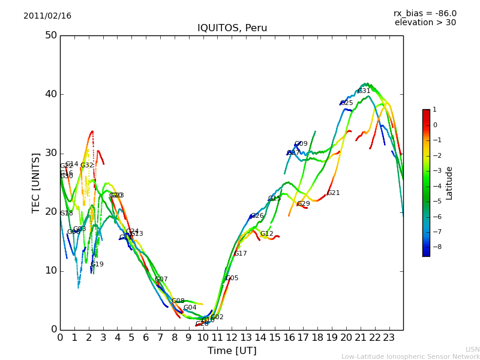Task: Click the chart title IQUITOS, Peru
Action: click(232, 28)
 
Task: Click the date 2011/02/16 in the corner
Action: click(47, 16)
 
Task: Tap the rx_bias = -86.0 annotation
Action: click(425, 13)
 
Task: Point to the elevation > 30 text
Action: click(425, 23)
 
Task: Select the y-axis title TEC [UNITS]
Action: click(36, 182)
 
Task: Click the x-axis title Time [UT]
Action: click(232, 351)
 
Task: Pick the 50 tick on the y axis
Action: click(51, 35)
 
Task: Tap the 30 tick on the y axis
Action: click(51, 153)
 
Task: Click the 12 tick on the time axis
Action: click(232, 337)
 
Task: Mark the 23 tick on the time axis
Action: click(389, 337)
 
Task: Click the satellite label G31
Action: click(364, 91)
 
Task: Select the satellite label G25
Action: click(347, 103)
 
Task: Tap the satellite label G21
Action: click(334, 193)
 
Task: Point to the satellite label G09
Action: click(301, 144)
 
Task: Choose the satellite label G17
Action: click(241, 254)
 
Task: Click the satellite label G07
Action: click(161, 280)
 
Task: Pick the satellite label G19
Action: click(97, 265)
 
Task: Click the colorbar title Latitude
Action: click(449, 183)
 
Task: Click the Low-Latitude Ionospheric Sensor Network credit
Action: click(410, 357)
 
